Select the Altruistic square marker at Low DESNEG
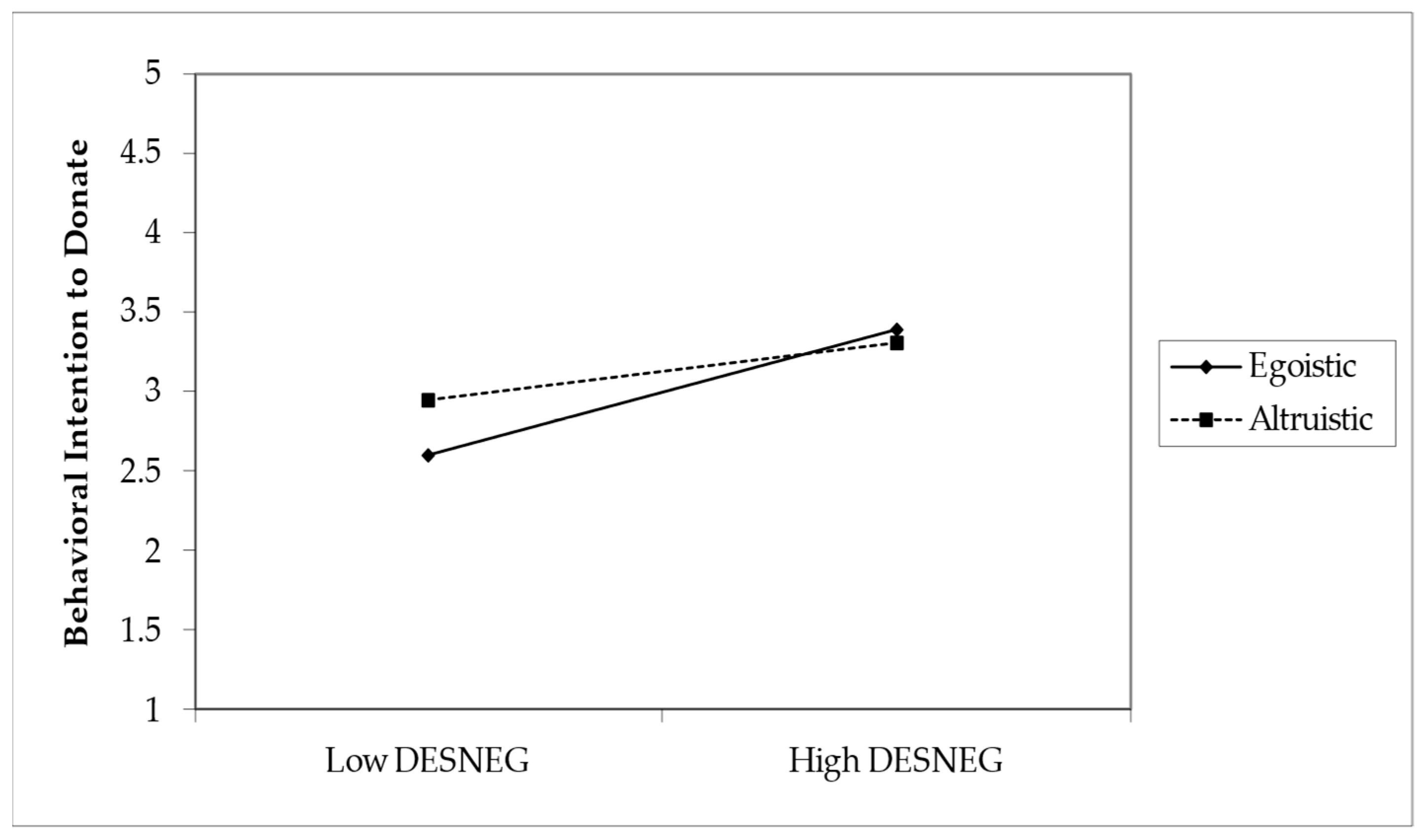(x=428, y=401)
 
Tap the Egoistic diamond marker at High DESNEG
(x=896, y=329)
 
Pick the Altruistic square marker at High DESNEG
(x=897, y=343)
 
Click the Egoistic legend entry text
(x=1302, y=367)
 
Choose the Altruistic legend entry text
(x=1311, y=420)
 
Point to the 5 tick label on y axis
(x=152, y=74)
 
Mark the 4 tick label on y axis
(x=152, y=233)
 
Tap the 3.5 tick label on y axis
(x=141, y=312)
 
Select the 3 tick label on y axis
(x=152, y=392)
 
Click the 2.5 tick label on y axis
(x=141, y=471)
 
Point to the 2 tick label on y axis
(x=152, y=550)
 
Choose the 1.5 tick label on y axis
(x=141, y=629)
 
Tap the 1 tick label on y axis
(x=152, y=709)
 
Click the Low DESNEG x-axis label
(x=428, y=761)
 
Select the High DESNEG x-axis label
(x=896, y=761)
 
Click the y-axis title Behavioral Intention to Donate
(x=77, y=393)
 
